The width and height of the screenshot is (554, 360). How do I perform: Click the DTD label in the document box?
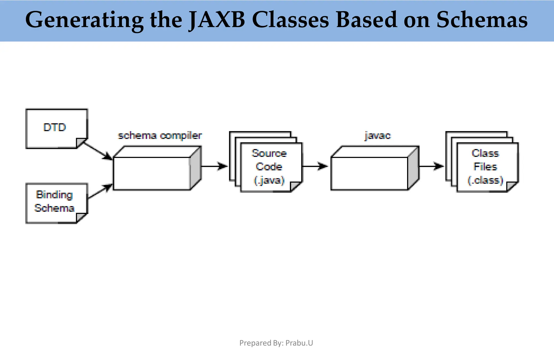(55, 127)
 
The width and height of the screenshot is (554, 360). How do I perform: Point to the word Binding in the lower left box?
(54, 195)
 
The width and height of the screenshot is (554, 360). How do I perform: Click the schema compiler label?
(160, 135)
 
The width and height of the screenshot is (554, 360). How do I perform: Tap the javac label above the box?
(378, 135)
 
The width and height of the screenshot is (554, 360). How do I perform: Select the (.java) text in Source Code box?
(269, 180)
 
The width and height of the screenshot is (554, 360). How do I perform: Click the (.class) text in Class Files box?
(485, 180)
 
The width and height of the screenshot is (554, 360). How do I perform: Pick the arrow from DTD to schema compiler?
(97, 150)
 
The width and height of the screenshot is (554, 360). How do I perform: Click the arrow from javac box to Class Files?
(431, 166)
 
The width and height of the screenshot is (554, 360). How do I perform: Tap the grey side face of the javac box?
(413, 168)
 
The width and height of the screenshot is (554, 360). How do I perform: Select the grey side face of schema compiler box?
(196, 168)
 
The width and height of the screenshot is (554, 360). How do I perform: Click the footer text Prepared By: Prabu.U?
(276, 343)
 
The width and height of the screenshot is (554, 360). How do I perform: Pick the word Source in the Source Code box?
(269, 153)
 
